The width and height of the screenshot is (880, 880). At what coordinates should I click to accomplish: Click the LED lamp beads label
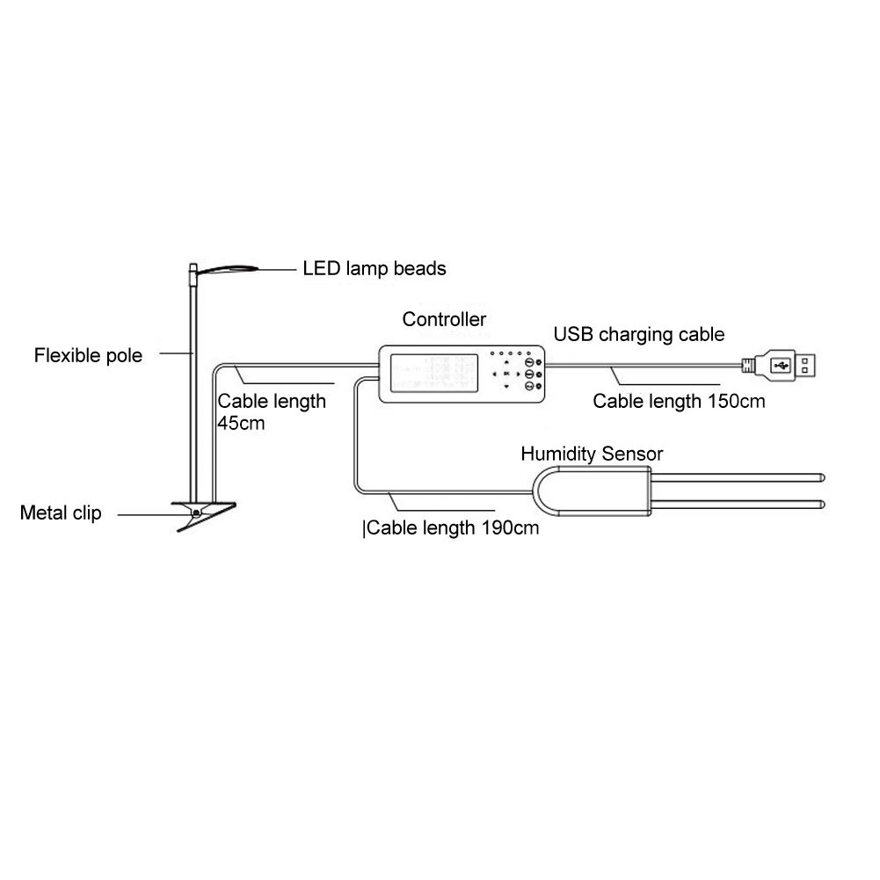375,268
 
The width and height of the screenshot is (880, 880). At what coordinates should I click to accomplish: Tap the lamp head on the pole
227,270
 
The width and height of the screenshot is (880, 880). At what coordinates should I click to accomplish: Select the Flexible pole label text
88,356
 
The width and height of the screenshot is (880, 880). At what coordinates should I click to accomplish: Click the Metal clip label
61,513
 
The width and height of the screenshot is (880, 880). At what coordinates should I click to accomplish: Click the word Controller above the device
444,319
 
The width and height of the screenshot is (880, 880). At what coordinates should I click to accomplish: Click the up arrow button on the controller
506,362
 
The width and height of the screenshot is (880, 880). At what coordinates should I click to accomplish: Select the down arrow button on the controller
506,386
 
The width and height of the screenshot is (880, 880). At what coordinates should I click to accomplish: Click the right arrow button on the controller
519,374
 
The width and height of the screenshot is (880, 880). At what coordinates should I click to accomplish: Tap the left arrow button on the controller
494,374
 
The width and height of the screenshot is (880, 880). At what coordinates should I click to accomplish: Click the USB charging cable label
639,334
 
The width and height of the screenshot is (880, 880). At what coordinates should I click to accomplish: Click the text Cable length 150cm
679,402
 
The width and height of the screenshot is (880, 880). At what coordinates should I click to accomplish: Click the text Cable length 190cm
452,528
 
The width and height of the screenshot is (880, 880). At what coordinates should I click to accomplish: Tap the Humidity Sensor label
591,454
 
